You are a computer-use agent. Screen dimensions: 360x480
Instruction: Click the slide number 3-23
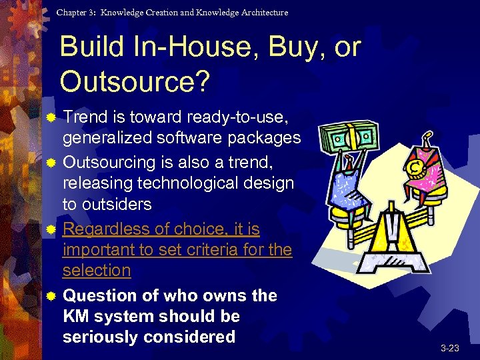pyautogui.click(x=449, y=348)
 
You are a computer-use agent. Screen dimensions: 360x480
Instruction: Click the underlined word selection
pyautogui.click(x=97, y=270)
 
